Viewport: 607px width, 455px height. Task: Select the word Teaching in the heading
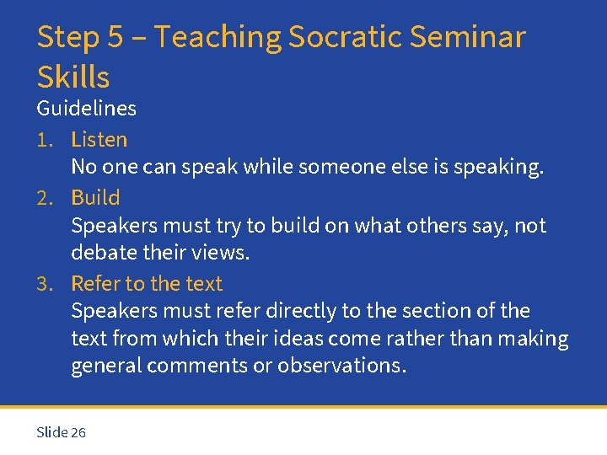point(218,37)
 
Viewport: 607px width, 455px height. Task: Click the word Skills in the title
point(73,77)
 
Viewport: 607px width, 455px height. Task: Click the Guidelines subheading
point(86,109)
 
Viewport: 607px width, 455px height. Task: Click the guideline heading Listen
point(99,140)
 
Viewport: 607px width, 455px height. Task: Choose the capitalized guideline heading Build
point(95,198)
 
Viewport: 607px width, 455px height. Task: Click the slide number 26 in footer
point(78,433)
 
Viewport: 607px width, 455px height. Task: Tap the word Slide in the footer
point(52,433)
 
